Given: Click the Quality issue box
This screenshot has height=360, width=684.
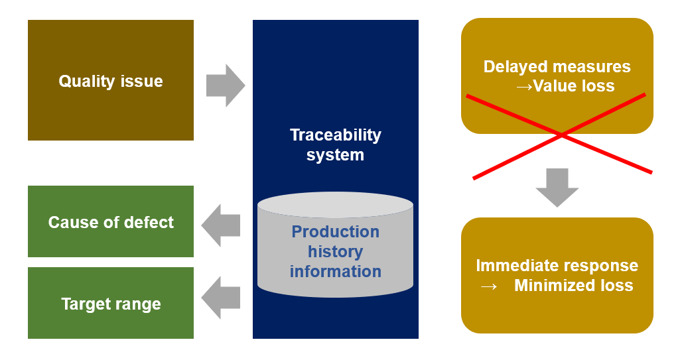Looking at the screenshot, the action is point(111,80).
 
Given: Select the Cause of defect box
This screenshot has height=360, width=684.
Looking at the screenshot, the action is point(111,221).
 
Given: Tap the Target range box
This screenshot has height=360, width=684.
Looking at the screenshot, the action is point(111,303).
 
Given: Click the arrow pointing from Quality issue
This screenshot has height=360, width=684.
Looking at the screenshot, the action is point(226,86).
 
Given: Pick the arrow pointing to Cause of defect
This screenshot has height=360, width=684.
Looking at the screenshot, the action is point(221,225).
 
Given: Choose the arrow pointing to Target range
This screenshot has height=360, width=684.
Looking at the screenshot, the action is point(221,298).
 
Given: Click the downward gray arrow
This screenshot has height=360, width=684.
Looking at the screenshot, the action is point(557,188).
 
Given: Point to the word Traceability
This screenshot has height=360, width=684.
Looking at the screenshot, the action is point(336,135).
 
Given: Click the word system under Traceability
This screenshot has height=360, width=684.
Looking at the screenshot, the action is point(335,155).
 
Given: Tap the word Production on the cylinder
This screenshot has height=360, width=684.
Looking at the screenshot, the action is point(336,231).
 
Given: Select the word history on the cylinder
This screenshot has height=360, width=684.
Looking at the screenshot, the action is point(336,251).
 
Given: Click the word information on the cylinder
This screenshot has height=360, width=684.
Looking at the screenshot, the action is point(336,272).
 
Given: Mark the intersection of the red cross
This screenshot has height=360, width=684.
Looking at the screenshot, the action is point(561,135).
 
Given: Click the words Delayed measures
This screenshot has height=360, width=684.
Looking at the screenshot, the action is point(557,67).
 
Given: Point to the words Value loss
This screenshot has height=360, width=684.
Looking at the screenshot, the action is point(574,86).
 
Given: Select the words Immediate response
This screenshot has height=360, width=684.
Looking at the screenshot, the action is point(557,265).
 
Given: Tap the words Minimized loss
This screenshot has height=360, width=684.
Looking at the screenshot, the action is point(574,286).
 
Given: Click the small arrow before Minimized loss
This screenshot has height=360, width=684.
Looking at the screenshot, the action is point(488,286).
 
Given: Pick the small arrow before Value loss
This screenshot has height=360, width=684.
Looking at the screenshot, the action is point(524,87).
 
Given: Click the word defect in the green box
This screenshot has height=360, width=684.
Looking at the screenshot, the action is point(149,222).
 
